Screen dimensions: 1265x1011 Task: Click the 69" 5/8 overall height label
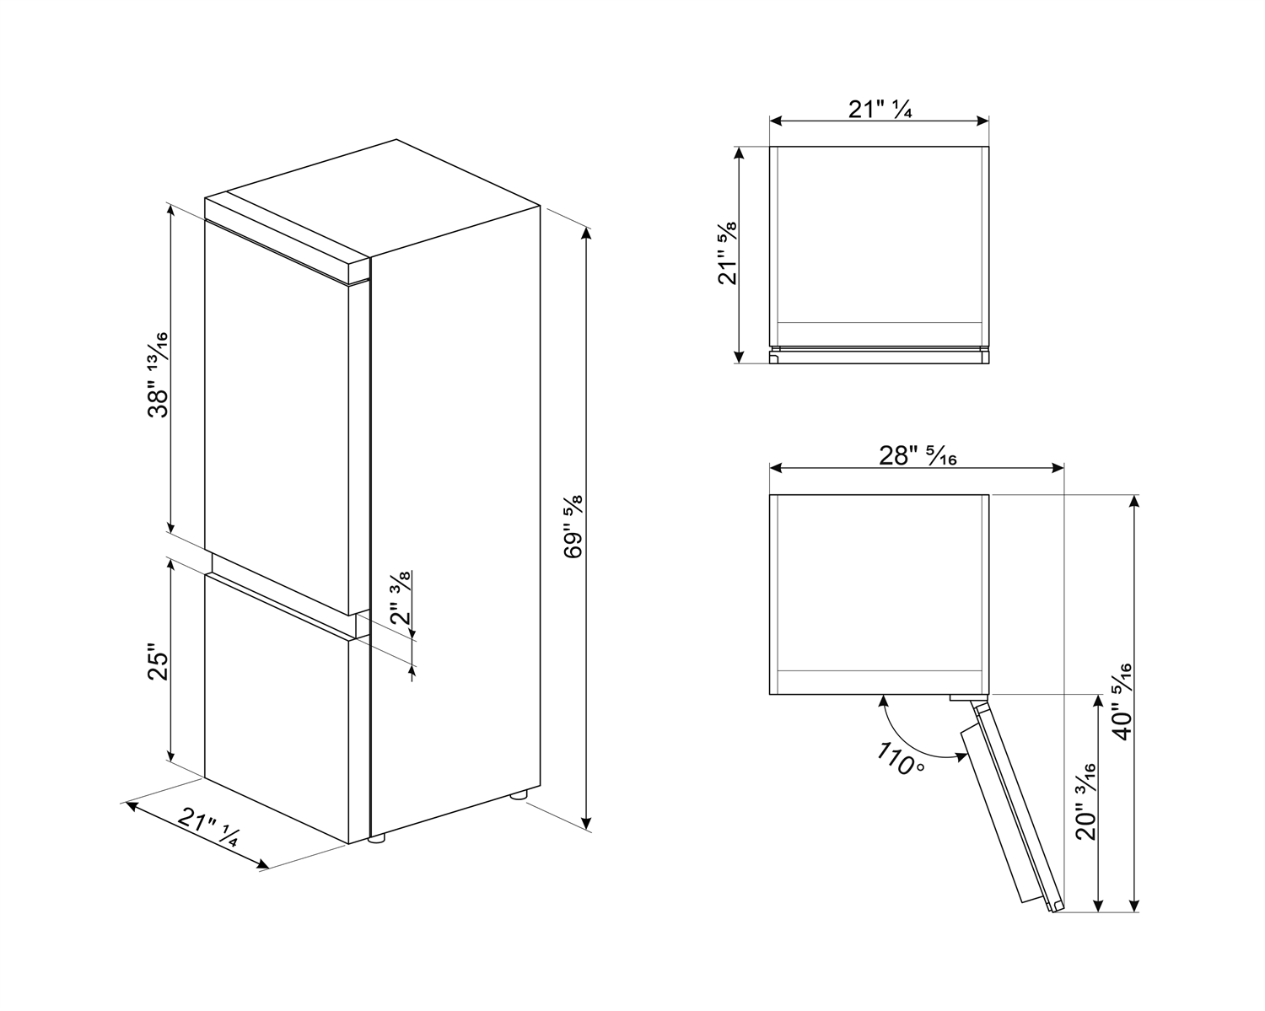573,527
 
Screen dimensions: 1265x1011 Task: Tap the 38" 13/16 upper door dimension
158,375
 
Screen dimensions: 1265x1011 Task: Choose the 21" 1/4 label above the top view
880,110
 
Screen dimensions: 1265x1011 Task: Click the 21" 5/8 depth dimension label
727,253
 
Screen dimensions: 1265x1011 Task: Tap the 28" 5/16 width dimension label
917,455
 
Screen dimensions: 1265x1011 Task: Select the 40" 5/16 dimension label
1122,702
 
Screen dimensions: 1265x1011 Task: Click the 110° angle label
901,758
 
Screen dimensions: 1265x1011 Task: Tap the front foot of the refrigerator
377,839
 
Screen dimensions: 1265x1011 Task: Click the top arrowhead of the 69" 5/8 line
586,234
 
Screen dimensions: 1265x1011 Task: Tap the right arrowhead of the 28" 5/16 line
1057,468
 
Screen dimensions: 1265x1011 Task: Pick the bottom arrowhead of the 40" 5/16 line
1134,906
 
